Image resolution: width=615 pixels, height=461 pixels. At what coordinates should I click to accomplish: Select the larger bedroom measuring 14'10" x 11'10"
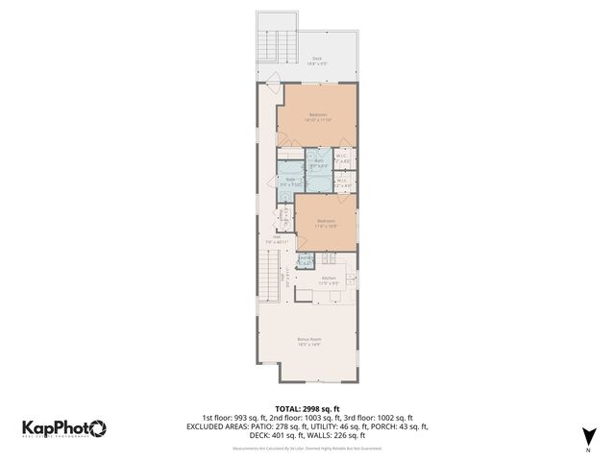tap(316, 117)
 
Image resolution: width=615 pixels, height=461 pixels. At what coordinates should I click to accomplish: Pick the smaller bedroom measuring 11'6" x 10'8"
tap(326, 224)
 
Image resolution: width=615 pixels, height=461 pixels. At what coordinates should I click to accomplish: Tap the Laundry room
tap(305, 259)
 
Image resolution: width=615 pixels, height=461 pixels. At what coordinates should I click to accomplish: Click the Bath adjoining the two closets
tap(318, 160)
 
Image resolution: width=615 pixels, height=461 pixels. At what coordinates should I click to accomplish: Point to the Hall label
tap(277, 239)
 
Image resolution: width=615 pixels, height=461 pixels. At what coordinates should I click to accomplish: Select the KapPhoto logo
tap(64, 428)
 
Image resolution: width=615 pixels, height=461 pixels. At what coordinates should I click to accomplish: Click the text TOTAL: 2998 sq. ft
tap(307, 407)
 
